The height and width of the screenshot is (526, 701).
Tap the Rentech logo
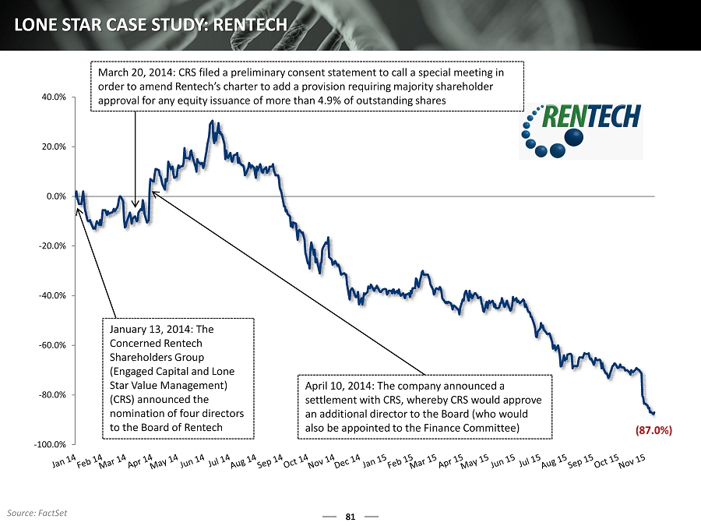581,128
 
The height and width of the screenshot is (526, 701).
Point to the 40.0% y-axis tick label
54,97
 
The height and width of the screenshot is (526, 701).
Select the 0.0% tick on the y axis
56,196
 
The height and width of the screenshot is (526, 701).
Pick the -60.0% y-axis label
53,345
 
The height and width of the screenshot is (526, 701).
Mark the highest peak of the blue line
212,121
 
